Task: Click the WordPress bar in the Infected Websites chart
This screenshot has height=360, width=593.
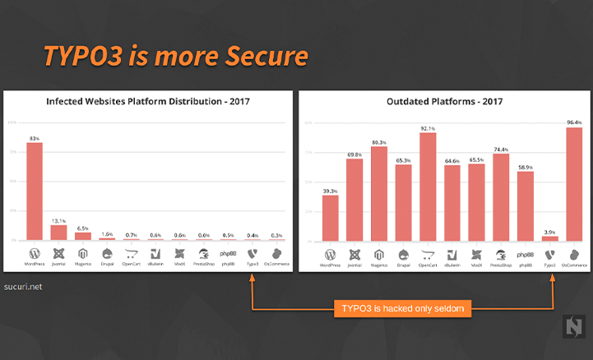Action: click(x=35, y=191)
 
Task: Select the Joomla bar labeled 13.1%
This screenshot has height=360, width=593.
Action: click(x=58, y=231)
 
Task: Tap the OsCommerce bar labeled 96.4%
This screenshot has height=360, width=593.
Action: click(x=574, y=184)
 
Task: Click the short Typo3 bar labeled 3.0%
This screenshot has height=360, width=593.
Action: click(x=549, y=238)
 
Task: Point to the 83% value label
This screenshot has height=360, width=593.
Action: click(x=35, y=138)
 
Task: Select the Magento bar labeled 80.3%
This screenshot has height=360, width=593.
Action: click(x=379, y=194)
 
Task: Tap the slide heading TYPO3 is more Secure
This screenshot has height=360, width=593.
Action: click(x=175, y=55)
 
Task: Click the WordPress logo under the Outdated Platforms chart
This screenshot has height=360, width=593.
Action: click(x=330, y=255)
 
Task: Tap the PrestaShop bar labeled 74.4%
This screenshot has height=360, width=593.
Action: click(x=501, y=197)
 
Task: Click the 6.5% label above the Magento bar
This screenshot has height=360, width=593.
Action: click(x=83, y=228)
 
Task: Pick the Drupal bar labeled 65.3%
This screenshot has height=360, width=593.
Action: click(x=403, y=203)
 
